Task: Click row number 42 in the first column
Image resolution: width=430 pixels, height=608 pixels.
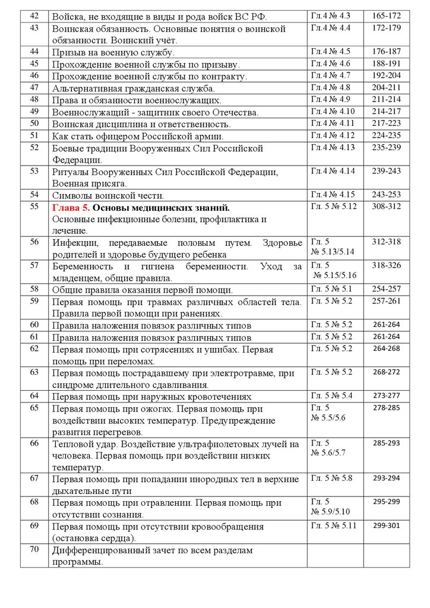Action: coord(34,15)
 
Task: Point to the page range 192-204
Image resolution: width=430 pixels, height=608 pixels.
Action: coord(387,75)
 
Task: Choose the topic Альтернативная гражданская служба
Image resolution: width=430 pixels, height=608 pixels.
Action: coord(133,88)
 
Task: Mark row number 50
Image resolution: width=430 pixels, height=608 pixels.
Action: coord(34,123)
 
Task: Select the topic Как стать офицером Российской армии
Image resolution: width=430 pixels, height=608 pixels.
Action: coord(149,135)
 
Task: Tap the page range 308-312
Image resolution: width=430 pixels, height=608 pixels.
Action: coord(387,207)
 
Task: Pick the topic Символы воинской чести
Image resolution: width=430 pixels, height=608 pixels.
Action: coord(108,195)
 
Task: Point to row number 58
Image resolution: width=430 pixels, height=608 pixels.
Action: coord(34,289)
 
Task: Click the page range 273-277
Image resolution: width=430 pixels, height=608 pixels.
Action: coord(387,395)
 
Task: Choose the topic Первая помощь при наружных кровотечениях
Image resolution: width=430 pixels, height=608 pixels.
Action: coord(148,396)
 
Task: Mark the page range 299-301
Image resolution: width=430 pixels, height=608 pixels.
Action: coord(387,525)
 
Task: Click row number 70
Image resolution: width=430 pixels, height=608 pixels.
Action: coord(34,549)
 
